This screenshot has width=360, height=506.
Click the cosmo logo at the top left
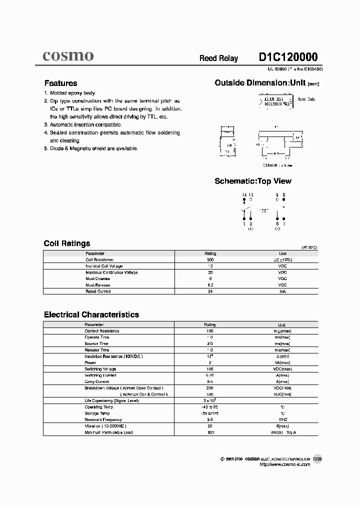pyautogui.click(x=67, y=56)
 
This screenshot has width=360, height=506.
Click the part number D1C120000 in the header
pyautogui.click(x=287, y=57)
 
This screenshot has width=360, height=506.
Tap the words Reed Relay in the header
pyautogui.click(x=218, y=58)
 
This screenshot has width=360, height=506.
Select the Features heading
pyautogui.click(x=60, y=83)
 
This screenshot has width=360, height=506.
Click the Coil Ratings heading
pyautogui.click(x=67, y=243)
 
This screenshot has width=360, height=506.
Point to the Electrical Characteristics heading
pyautogui.click(x=91, y=314)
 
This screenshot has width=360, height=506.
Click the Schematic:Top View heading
pyautogui.click(x=252, y=181)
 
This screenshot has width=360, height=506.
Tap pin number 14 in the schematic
pyautogui.click(x=244, y=194)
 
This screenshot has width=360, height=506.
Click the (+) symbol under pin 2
pyautogui.click(x=250, y=228)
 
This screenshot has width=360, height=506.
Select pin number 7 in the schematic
pyautogui.click(x=284, y=223)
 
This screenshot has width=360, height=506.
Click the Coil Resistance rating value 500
pyautogui.click(x=210, y=260)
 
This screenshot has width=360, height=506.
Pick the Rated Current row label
pyautogui.click(x=97, y=291)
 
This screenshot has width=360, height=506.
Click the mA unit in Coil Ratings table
pyautogui.click(x=282, y=291)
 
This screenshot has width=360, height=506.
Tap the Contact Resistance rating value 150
pyautogui.click(x=210, y=331)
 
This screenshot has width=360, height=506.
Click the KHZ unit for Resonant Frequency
pyautogui.click(x=282, y=419)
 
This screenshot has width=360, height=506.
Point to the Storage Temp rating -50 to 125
pyautogui.click(x=210, y=413)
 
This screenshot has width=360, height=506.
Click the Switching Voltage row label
pyautogui.click(x=100, y=369)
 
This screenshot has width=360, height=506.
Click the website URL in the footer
pyautogui.click(x=285, y=464)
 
